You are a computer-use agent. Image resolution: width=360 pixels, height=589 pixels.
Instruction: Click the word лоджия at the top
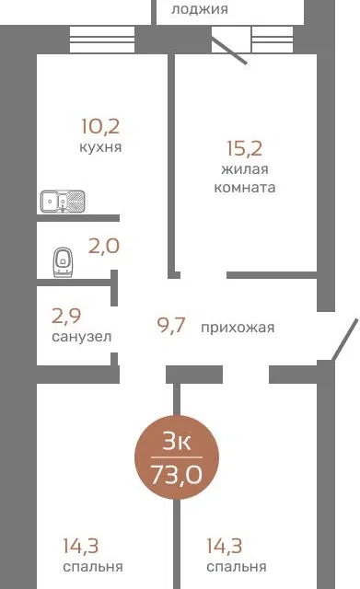(x=200, y=9)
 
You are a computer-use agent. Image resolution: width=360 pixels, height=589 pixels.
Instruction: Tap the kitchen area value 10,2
(x=100, y=126)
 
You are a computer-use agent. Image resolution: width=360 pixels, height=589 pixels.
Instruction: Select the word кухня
(x=100, y=147)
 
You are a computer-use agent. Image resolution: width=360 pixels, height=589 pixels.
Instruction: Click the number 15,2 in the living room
(x=244, y=148)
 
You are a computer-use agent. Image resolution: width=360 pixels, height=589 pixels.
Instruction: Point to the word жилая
(x=245, y=169)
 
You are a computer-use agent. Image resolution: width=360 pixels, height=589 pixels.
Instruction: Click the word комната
(x=245, y=187)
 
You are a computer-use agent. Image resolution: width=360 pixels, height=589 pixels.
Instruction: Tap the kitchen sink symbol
(x=63, y=202)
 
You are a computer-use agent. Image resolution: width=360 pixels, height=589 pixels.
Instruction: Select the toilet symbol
(x=63, y=261)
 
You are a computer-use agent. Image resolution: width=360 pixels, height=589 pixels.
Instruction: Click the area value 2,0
(x=104, y=247)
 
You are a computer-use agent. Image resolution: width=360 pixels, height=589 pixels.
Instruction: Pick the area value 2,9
(x=66, y=316)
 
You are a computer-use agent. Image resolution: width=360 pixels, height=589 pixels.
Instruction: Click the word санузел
(x=82, y=337)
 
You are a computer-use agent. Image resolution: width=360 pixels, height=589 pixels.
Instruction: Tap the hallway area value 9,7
(x=171, y=325)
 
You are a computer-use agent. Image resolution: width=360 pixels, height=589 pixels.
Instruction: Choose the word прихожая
(x=238, y=328)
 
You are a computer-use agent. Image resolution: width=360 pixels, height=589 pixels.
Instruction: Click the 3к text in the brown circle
(x=177, y=442)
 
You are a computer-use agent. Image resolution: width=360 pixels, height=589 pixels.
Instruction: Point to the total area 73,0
(x=177, y=475)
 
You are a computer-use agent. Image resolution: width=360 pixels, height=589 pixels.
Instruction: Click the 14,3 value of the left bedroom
(x=81, y=546)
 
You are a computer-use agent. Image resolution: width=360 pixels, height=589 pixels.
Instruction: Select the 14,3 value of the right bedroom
(x=225, y=546)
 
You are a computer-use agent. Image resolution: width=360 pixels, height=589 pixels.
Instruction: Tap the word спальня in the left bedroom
(x=93, y=567)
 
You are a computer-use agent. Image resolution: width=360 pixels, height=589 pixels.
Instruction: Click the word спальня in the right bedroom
(x=237, y=567)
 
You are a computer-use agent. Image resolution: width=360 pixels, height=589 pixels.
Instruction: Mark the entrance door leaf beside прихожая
(x=344, y=340)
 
